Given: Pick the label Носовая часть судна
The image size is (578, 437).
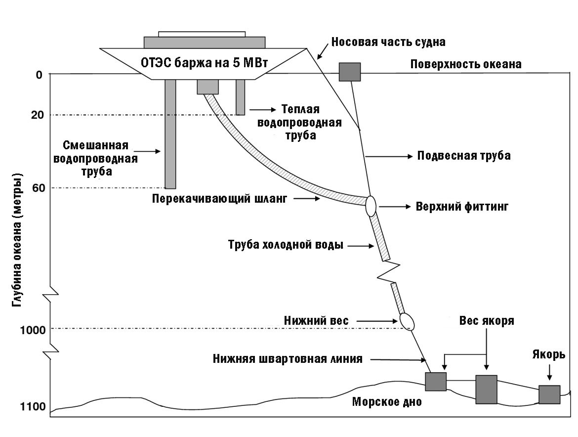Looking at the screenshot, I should tap(388, 42).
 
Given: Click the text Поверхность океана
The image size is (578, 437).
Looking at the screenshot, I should tap(466, 64).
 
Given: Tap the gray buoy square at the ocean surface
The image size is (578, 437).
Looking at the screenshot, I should tap(350, 72).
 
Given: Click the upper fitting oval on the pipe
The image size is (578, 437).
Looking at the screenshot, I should tap(371, 206).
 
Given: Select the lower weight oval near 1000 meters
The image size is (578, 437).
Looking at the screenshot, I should tap(407, 321).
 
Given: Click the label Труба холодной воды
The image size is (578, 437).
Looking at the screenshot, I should tap(286, 245).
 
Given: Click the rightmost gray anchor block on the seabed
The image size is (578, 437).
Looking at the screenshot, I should tap(549, 394).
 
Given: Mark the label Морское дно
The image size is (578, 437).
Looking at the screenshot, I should tap(387, 402).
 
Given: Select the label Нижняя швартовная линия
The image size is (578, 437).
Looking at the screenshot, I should tap(288, 359).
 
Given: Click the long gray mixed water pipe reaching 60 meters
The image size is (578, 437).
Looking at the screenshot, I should tap(170, 133).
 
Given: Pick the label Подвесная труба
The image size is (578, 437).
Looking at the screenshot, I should tap(464, 156).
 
